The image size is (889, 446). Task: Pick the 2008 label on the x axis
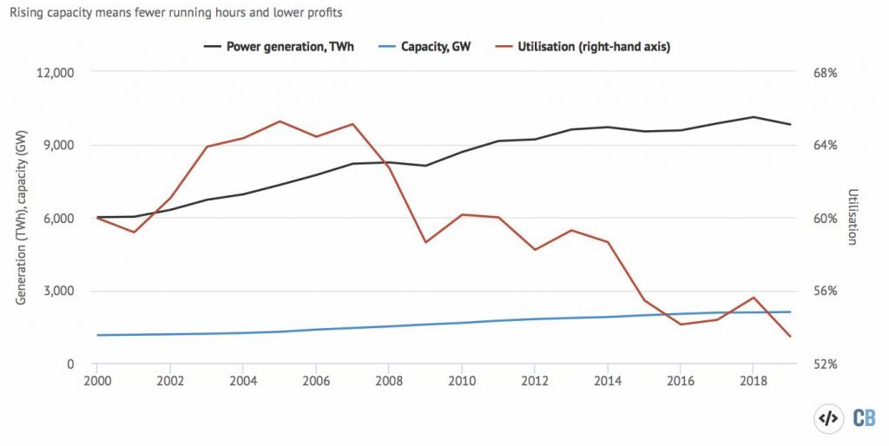tap(389, 380)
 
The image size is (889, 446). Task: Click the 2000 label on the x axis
tap(97, 380)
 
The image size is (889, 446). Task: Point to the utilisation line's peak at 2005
tap(280, 121)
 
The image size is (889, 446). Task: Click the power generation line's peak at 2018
tap(754, 116)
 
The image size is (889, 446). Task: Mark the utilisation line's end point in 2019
tap(790, 337)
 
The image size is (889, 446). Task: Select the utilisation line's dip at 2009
tap(425, 242)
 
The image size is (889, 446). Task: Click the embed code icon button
tap(829, 418)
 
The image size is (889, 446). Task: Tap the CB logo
tap(865, 418)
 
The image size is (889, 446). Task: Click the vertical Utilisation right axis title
tap(853, 217)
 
